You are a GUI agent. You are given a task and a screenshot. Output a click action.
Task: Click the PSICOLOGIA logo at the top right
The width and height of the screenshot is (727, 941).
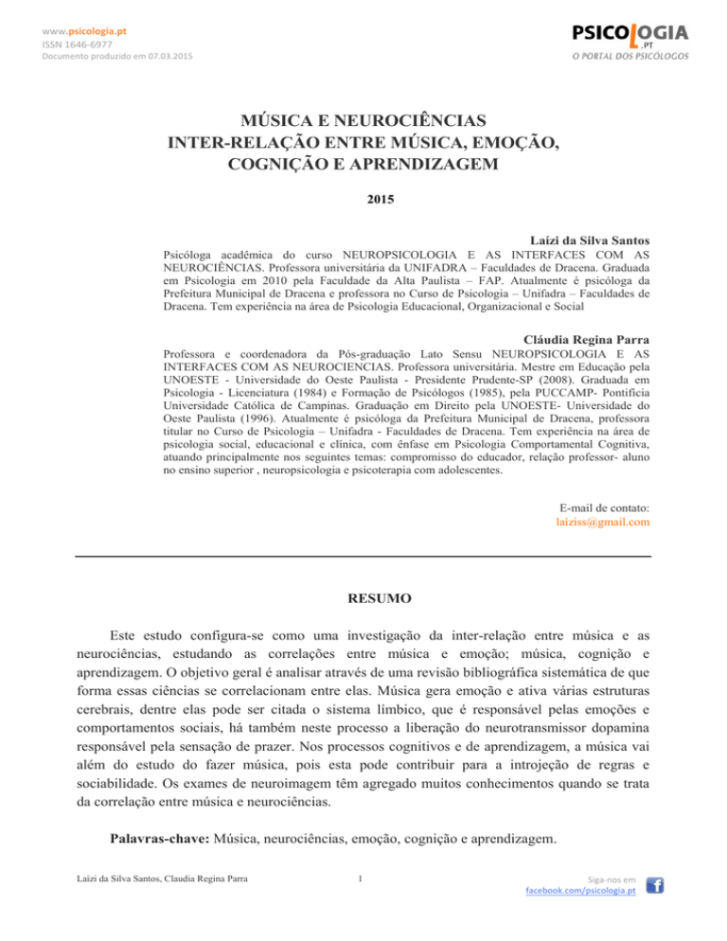click(x=629, y=36)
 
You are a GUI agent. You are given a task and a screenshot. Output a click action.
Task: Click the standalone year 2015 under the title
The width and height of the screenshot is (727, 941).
click(x=363, y=201)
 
